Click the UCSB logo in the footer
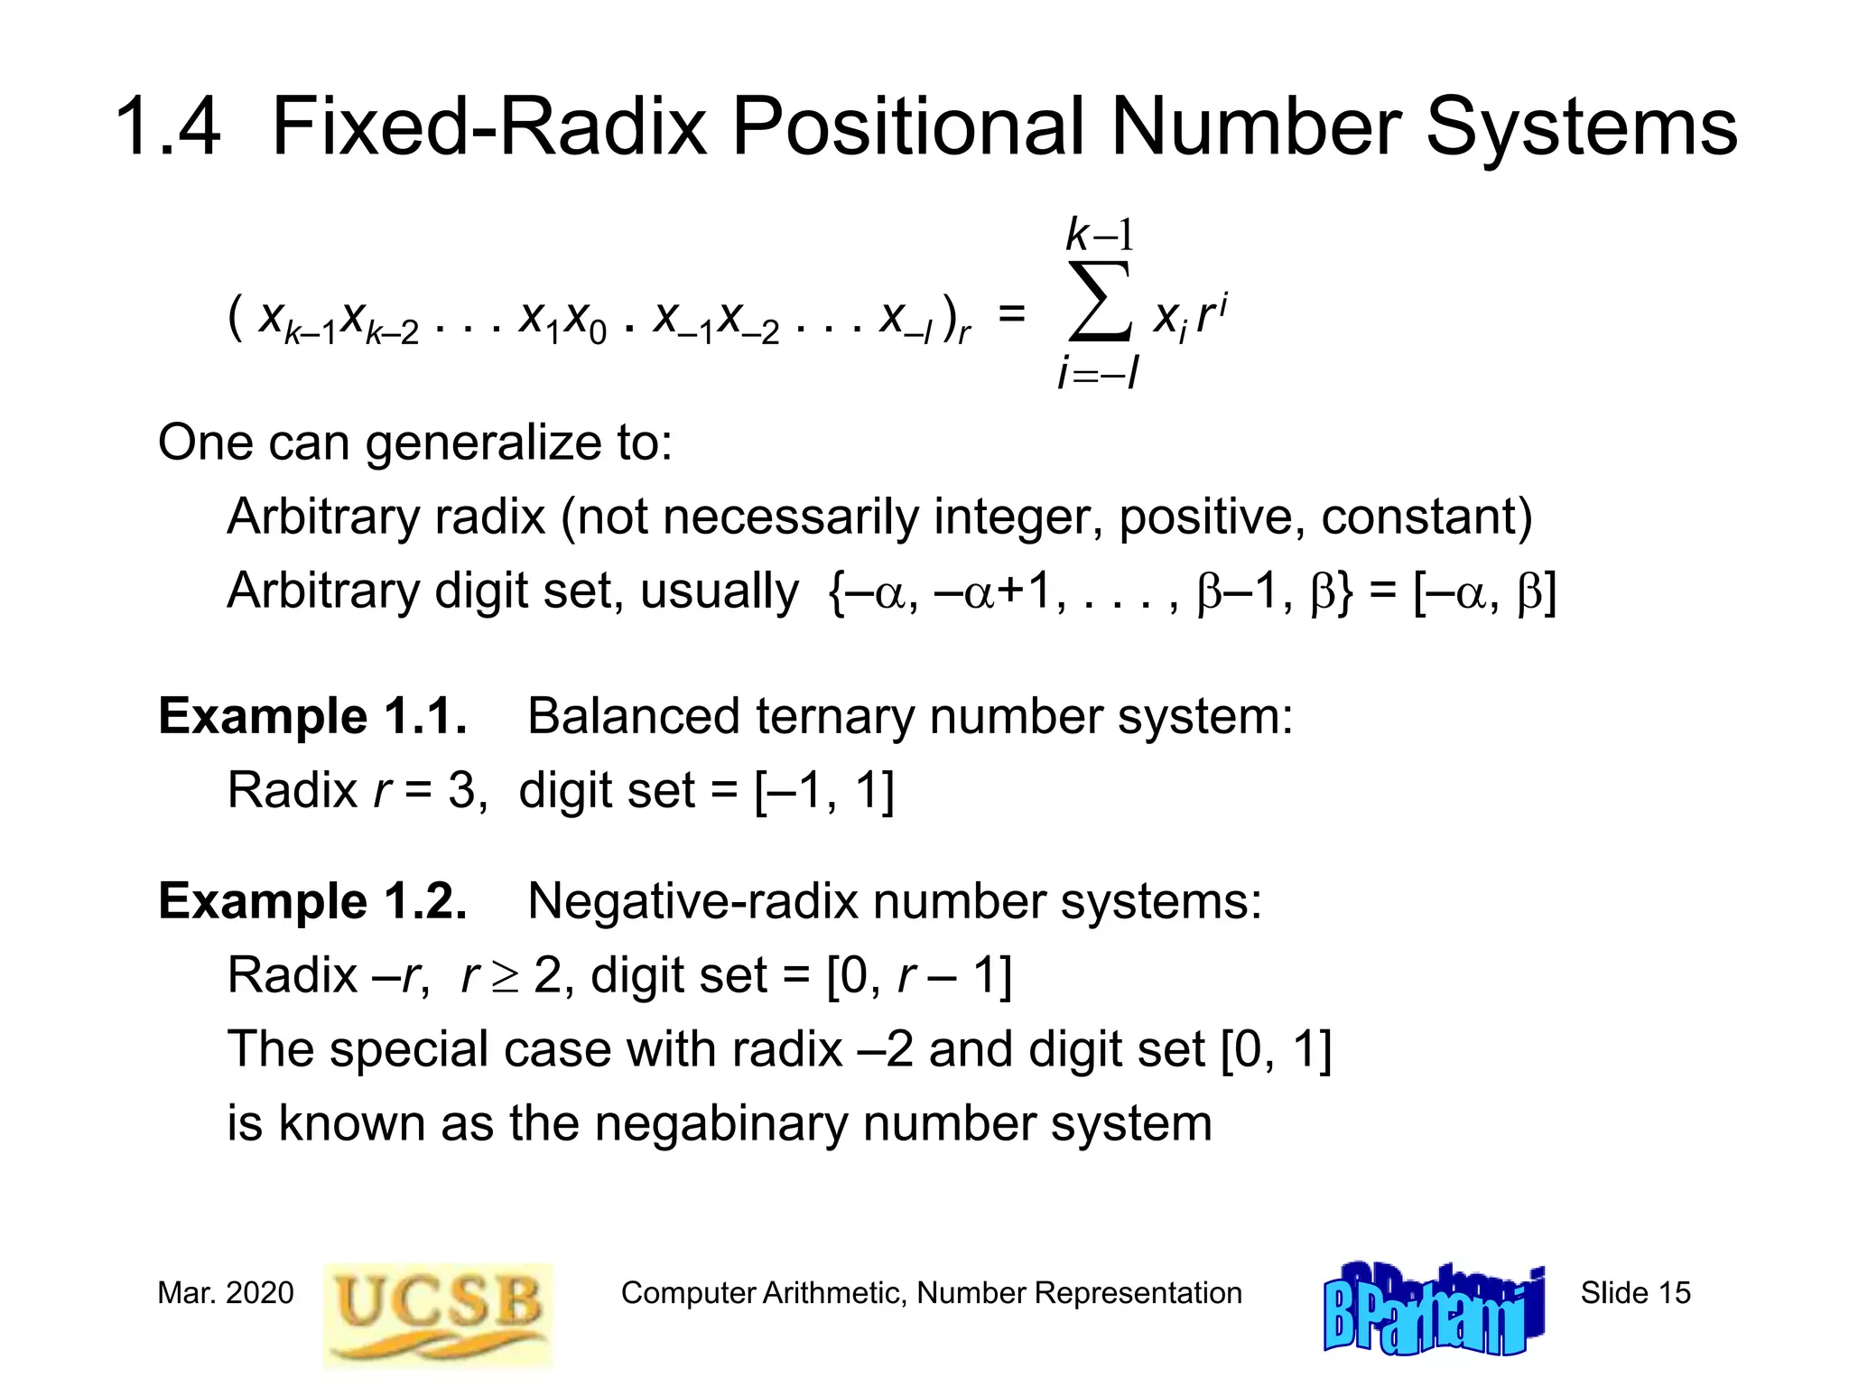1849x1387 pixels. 439,1314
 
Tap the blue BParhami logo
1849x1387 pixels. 1434,1309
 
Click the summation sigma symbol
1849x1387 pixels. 1099,302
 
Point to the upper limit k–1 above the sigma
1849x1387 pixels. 1099,235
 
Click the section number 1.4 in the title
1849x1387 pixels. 168,126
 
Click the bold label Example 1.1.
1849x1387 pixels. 312,716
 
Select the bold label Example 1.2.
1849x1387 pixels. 312,901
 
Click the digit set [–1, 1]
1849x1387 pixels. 824,790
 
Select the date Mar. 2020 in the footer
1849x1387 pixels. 226,1293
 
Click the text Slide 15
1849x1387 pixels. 1635,1293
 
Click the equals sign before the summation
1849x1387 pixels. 1011,314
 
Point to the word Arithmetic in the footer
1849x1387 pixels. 833,1293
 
